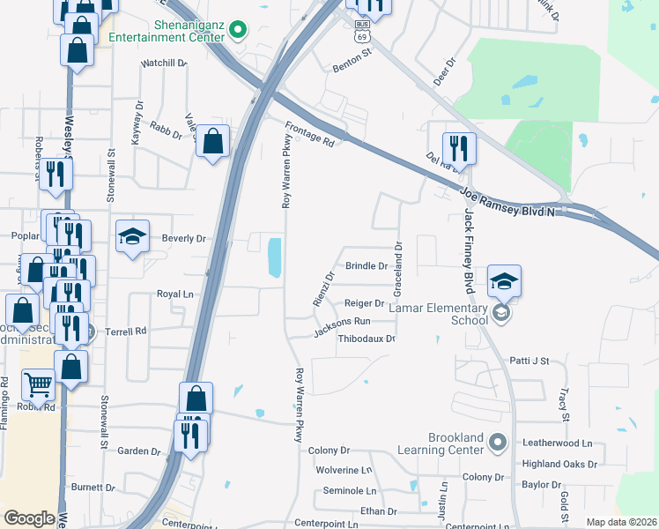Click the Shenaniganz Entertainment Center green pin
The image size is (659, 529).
[236, 31]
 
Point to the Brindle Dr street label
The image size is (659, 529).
[367, 265]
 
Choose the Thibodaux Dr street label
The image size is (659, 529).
[367, 338]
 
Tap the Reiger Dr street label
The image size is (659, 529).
[365, 302]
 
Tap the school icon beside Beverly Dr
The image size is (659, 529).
[132, 236]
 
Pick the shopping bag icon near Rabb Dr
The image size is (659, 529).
[212, 140]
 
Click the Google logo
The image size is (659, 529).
[29, 518]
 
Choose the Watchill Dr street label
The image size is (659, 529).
[165, 63]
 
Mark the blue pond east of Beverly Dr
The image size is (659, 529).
[274, 257]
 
